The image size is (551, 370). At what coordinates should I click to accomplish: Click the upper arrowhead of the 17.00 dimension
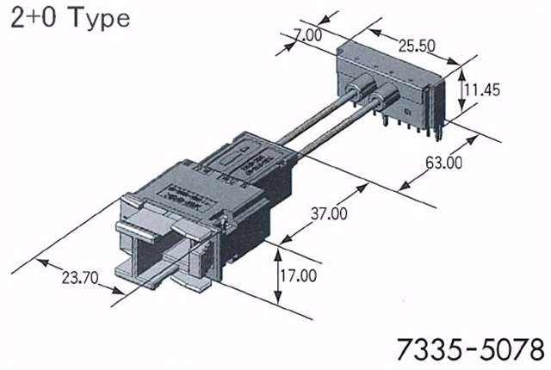[x=278, y=248]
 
